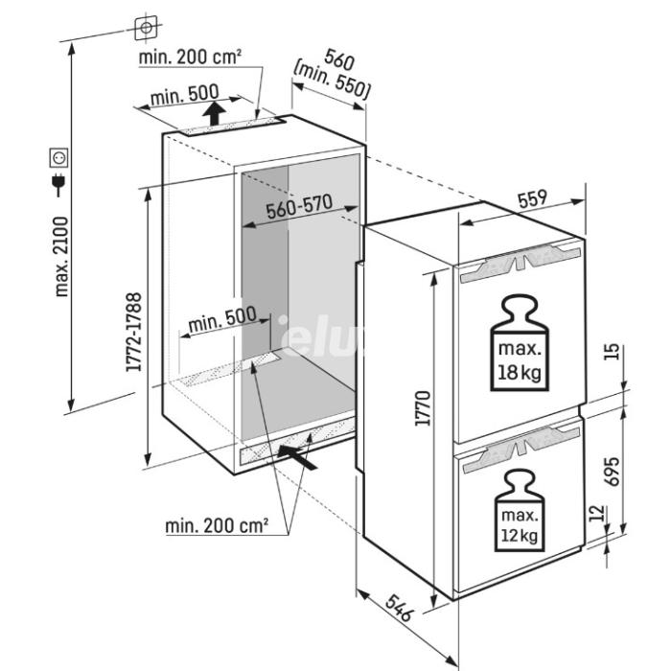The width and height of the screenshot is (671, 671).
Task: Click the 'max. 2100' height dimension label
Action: pos(61,256)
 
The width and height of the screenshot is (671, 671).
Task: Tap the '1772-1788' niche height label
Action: pos(133,332)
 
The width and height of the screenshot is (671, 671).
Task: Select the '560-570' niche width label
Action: pos(299,206)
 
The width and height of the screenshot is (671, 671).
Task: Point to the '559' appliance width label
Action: pos(533,199)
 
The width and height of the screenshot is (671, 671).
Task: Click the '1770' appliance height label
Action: pos(423,407)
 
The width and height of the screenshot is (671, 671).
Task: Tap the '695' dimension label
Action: pos(612,472)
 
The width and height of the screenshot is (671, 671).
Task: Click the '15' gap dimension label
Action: pos(613,352)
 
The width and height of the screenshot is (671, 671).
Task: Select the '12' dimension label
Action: pos(597,514)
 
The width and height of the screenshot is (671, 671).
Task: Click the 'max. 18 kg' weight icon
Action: pos(520,342)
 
